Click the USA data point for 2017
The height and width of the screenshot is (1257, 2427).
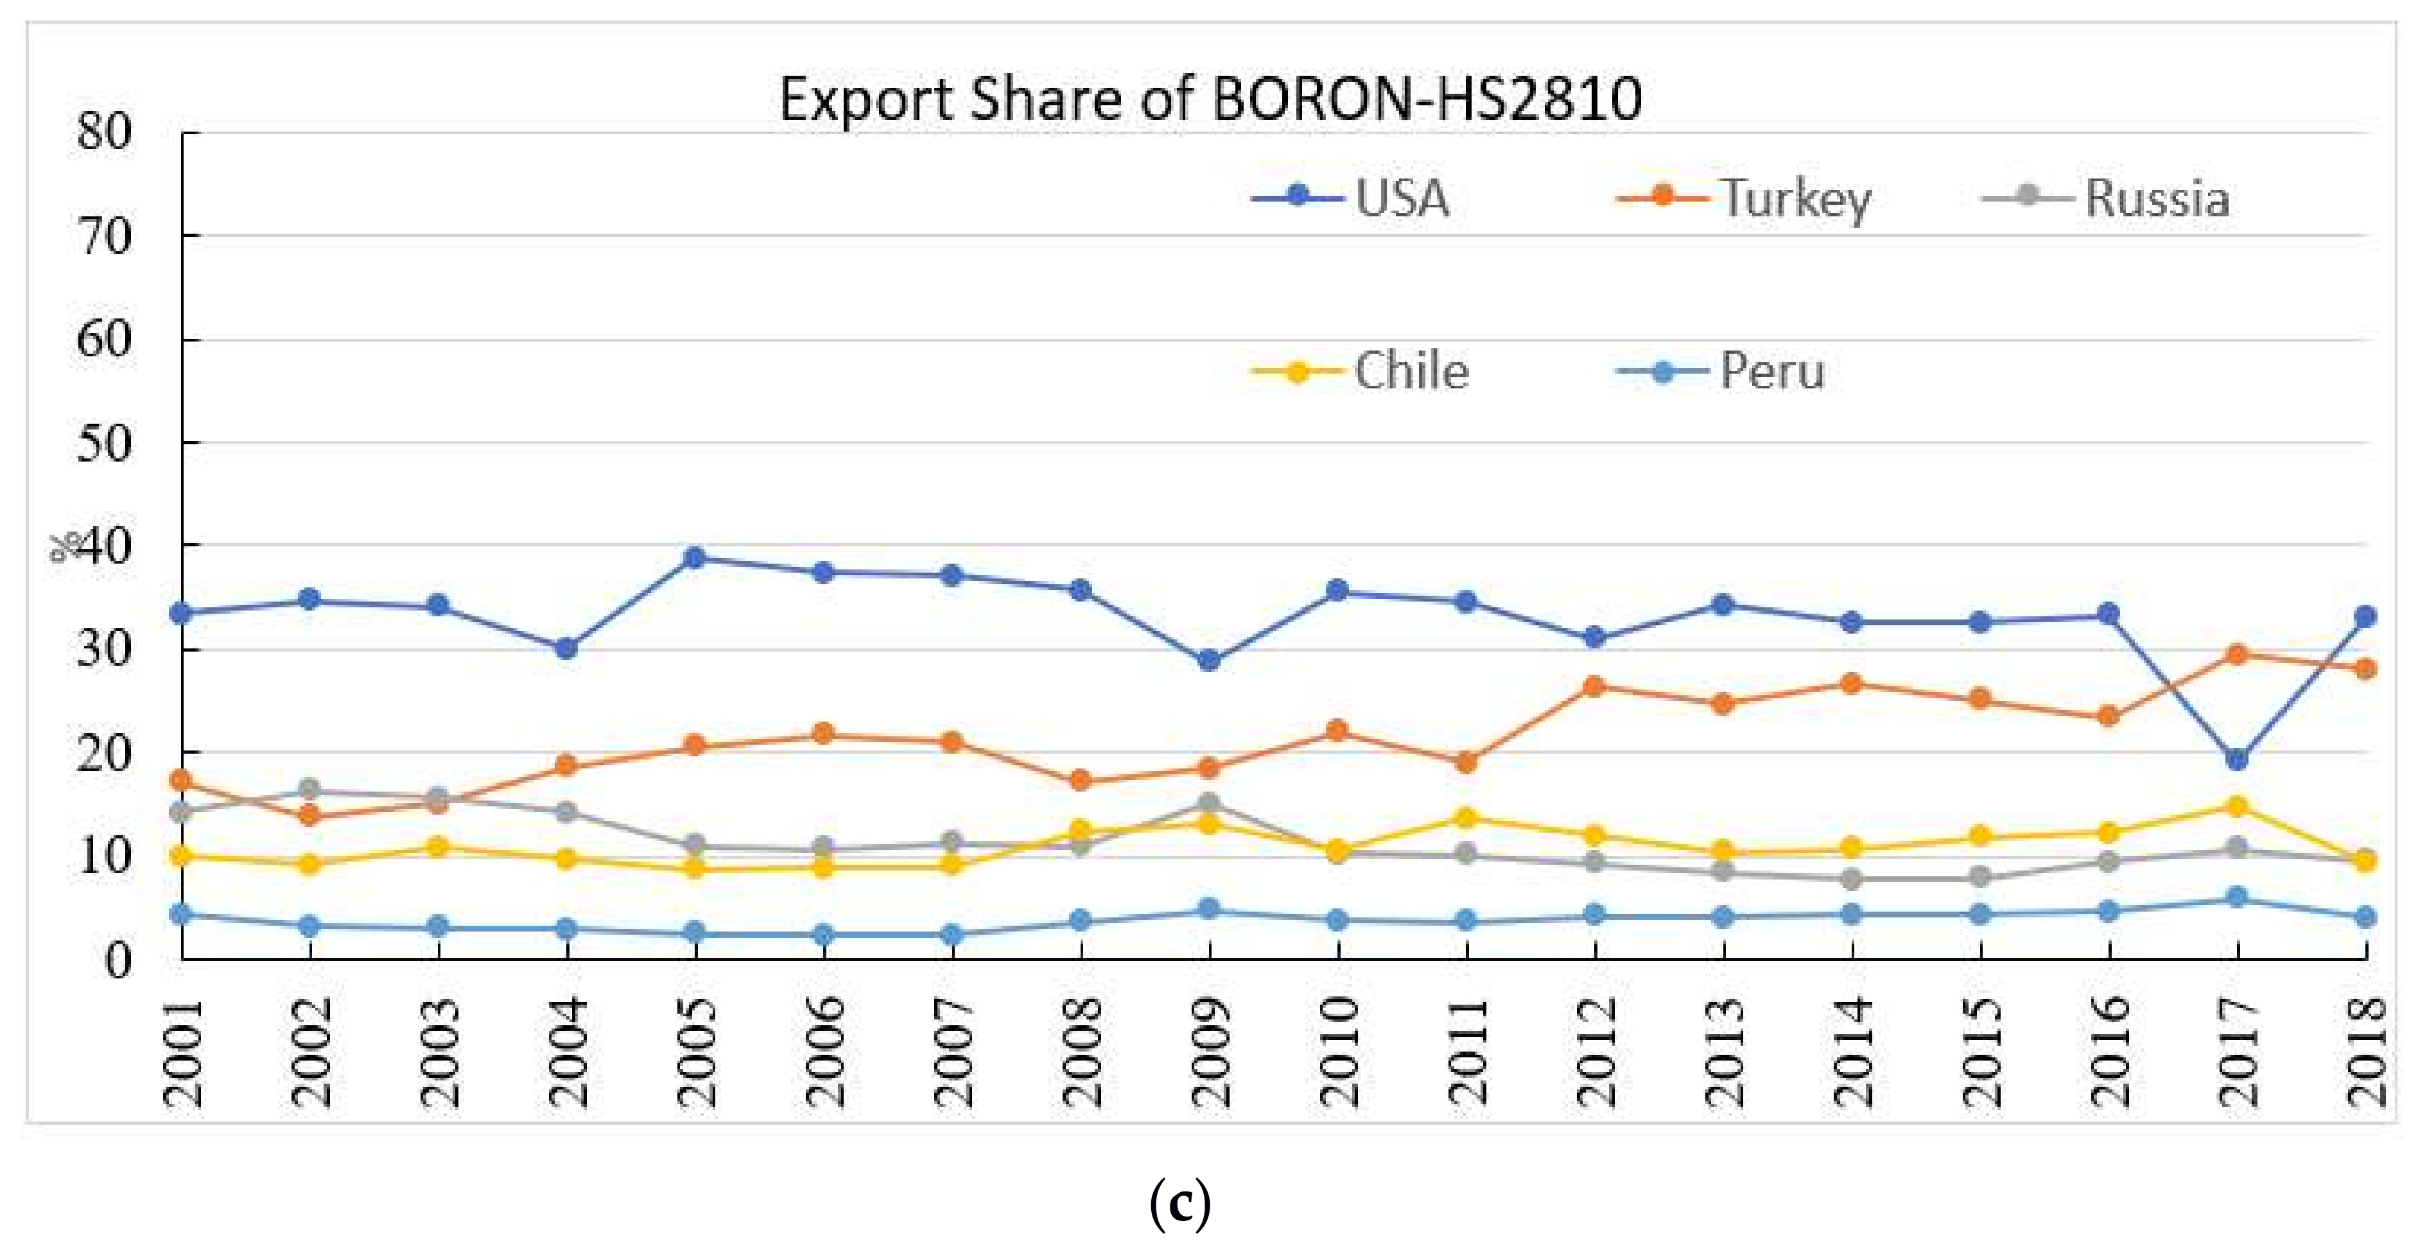click(2238, 759)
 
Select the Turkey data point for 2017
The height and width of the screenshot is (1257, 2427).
click(2238, 654)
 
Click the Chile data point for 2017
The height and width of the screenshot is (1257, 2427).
click(2238, 806)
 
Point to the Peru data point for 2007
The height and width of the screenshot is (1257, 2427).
click(952, 935)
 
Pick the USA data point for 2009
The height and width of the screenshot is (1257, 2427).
click(1210, 661)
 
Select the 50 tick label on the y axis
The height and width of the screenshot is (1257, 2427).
click(103, 443)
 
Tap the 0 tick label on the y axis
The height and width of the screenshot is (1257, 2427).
click(117, 961)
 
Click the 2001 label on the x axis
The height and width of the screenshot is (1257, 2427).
click(183, 1052)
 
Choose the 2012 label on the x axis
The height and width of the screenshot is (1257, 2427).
click(1595, 1052)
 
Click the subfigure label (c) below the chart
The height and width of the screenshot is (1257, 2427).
click(1181, 1204)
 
